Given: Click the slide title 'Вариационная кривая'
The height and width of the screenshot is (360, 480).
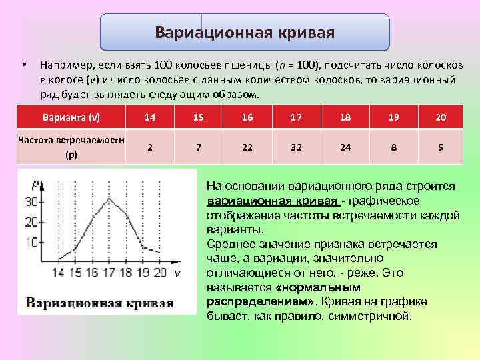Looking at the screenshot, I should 245,33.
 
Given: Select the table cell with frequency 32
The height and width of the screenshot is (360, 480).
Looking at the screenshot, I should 296,147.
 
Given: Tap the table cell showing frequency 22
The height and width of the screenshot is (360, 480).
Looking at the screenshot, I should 247,147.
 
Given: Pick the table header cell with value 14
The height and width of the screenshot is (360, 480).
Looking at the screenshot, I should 150,117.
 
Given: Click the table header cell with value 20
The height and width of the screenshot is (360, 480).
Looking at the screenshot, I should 441,117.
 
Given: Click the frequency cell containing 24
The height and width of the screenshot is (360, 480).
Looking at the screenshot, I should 345,147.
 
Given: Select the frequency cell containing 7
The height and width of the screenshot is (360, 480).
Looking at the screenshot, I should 199,147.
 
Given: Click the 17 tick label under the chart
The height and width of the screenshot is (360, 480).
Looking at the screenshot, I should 108,272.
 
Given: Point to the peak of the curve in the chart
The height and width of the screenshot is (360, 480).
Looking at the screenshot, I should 109,198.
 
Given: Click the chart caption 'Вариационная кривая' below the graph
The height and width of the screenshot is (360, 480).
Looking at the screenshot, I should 100,303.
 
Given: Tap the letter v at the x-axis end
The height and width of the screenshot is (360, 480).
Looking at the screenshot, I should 177,272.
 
